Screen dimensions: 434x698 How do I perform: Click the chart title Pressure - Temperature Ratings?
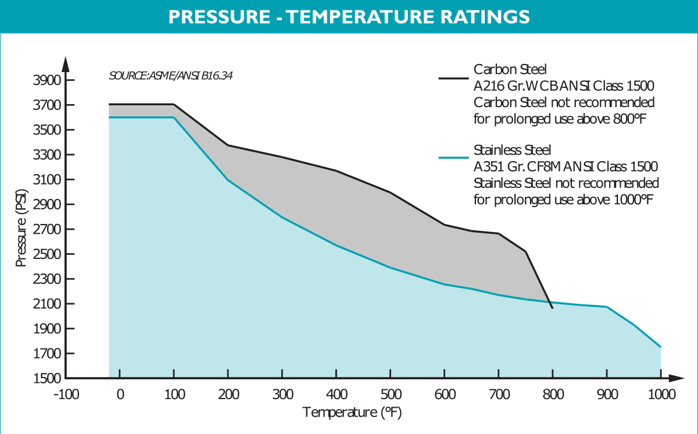tap(349, 17)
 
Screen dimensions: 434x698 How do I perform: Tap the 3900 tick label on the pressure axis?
tap(46, 80)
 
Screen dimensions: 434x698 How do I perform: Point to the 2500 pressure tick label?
tap(46, 254)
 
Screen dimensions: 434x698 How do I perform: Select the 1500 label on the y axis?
tap(46, 378)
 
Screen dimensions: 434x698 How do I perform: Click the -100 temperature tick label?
tap(66, 394)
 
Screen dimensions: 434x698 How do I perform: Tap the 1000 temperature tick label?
tap(661, 394)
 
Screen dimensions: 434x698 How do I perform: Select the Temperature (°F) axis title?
tap(352, 412)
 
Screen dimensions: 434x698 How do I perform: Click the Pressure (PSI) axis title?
tap(22, 227)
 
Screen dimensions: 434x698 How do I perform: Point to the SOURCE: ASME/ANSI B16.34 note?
tap(171, 76)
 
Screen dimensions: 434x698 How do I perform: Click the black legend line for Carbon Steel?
tap(453, 78)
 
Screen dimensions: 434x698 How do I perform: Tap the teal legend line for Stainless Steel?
tap(453, 158)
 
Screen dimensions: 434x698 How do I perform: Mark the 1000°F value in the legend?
tap(636, 200)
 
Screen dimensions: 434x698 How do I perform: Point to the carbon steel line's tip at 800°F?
tap(552, 308)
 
